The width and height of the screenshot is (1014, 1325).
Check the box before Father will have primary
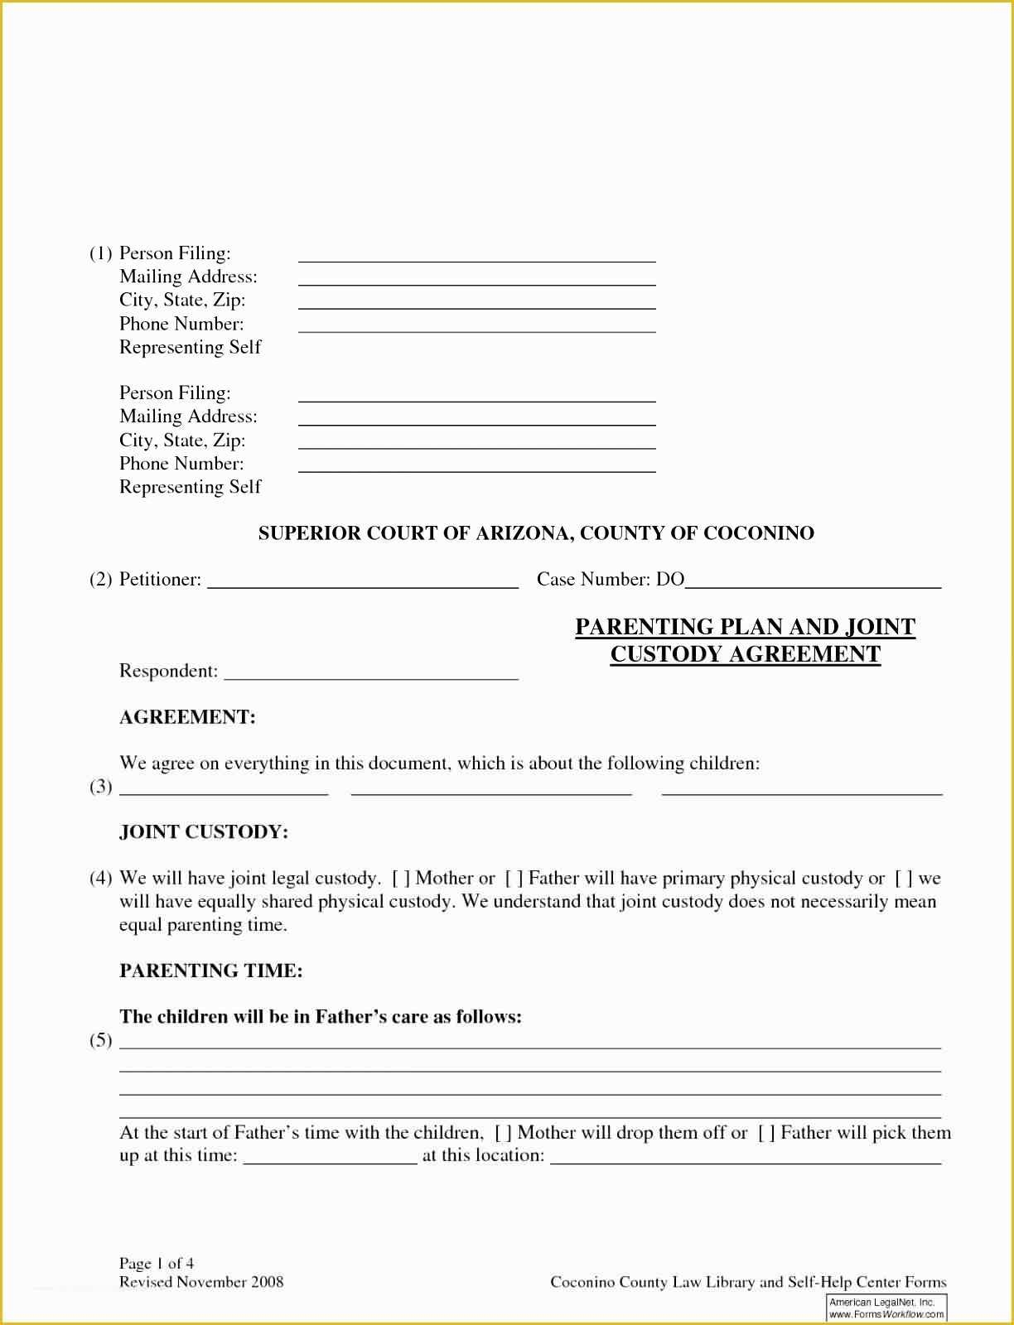514,879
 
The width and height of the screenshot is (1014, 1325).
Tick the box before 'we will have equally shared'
904,879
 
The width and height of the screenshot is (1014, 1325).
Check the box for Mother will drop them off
503,1133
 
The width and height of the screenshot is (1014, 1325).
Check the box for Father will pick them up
766,1133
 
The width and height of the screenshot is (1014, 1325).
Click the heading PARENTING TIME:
211,971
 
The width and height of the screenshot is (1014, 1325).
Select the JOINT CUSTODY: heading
204,831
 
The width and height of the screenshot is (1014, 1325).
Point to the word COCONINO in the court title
759,532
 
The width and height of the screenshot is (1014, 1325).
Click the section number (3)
101,786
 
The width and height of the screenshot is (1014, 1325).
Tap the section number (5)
101,1040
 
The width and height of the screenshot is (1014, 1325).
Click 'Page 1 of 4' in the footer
157,1263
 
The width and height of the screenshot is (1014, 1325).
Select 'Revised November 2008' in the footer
201,1282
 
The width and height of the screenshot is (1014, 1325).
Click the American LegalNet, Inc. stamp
886,1308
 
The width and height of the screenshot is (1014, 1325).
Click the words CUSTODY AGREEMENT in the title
745,654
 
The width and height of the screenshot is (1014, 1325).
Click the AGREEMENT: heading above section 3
187,717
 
